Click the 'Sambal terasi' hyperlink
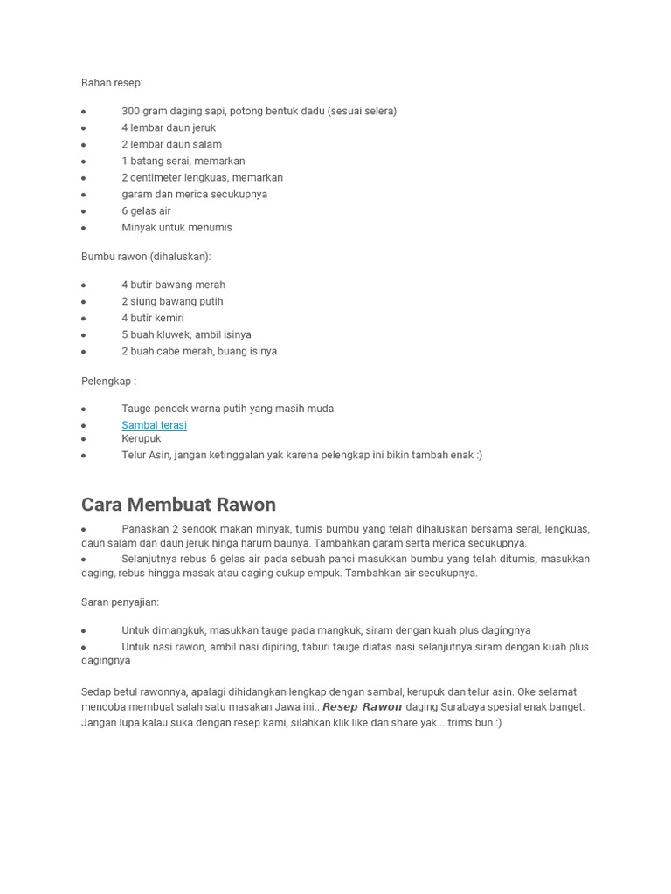(x=154, y=425)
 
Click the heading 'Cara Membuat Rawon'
(x=178, y=505)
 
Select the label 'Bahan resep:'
(x=112, y=83)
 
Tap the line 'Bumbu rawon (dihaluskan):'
(x=146, y=257)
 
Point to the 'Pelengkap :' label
(x=108, y=381)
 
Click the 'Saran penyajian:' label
(x=120, y=602)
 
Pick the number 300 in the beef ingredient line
(x=130, y=111)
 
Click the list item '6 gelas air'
(x=146, y=210)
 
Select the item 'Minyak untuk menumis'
(x=176, y=227)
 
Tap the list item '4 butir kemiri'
(x=152, y=318)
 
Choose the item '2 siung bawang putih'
(x=172, y=301)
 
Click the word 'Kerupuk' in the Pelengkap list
(x=142, y=438)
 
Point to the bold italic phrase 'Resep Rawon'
(x=362, y=707)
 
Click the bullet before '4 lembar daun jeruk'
(x=84, y=128)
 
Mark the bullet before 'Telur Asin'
(x=84, y=456)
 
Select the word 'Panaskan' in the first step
(x=144, y=529)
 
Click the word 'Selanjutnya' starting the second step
(x=149, y=559)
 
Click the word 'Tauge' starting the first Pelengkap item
(x=136, y=409)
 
